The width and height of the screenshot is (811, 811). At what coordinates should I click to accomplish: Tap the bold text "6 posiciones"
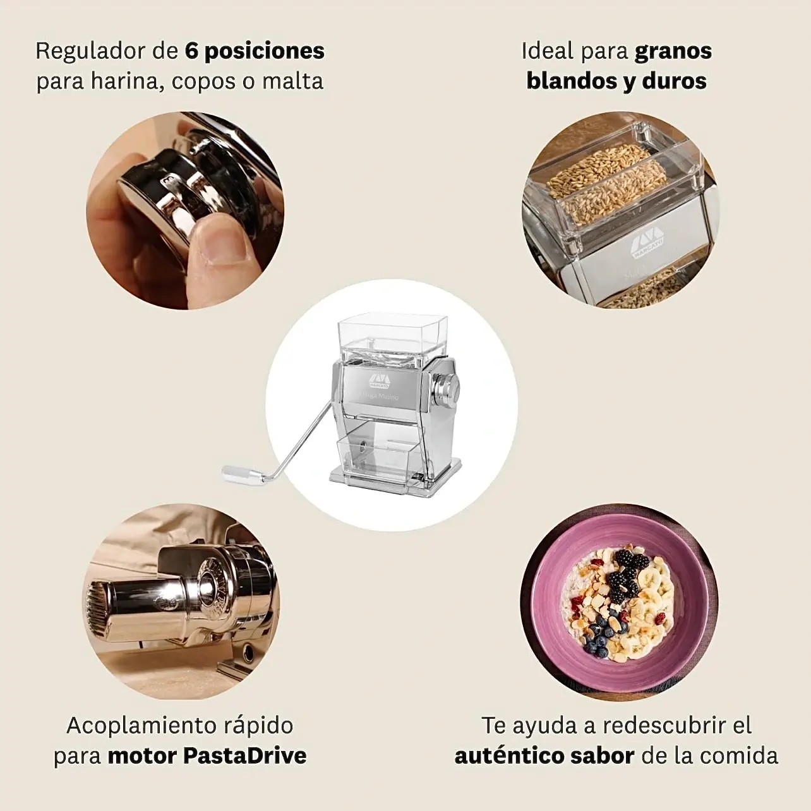click(255, 51)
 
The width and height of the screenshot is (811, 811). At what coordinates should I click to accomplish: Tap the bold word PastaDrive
click(245, 756)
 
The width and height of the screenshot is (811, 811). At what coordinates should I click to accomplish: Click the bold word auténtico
click(508, 756)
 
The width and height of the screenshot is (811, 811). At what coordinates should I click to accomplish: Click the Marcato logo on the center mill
click(380, 379)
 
